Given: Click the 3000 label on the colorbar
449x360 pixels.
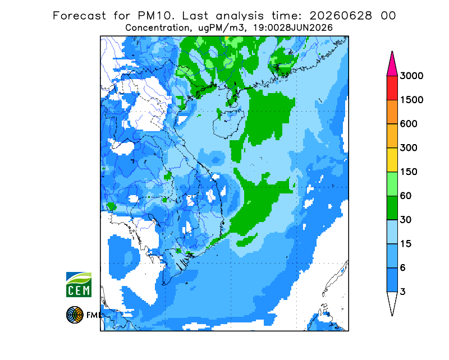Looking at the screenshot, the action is [x=411, y=76].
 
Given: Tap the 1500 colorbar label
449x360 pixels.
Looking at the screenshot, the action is [x=411, y=100].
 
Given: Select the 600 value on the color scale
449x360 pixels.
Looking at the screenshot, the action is [x=409, y=124].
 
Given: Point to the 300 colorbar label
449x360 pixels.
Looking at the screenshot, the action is [x=409, y=148].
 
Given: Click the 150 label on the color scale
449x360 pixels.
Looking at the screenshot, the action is [x=409, y=172].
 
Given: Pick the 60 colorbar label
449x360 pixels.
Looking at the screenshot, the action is [x=406, y=196].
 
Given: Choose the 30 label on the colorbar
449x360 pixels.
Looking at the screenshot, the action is [x=406, y=220].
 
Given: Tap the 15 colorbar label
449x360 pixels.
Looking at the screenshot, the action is [x=406, y=244].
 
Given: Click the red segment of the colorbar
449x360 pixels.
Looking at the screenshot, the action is [x=392, y=88].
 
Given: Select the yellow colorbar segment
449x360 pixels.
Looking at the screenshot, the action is [x=392, y=160].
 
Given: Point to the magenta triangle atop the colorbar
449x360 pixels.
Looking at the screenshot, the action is [x=392, y=66].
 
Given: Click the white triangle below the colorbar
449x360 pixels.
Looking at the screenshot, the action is [x=392, y=302].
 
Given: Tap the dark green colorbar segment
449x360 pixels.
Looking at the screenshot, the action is [x=392, y=208].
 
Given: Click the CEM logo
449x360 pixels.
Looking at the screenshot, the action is [x=79, y=284].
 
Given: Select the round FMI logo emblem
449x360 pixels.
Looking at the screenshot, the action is [x=75, y=315].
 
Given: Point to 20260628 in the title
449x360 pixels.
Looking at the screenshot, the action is [x=341, y=16].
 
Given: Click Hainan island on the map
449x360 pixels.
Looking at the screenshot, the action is [x=228, y=123].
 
